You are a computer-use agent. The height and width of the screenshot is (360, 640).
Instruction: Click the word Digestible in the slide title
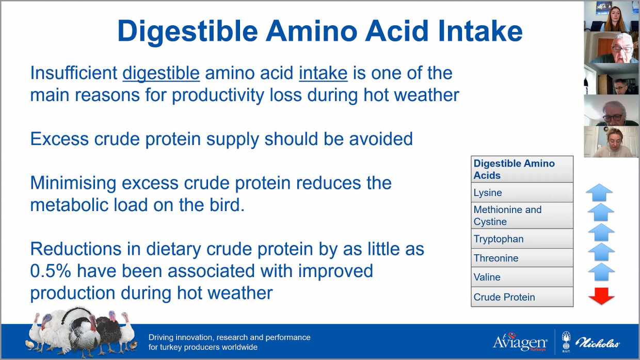point(188,32)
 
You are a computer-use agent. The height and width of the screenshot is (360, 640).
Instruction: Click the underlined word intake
point(323,73)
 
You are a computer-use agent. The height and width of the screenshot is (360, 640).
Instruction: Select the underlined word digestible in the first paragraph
point(161,74)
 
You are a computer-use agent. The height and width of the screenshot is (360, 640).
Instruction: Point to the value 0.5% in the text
point(51,271)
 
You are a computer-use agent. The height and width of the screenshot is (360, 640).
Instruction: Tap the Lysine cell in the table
point(522,192)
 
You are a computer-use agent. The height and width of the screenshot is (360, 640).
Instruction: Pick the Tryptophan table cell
point(522,239)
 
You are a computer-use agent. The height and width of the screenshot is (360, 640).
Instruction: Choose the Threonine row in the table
point(522,258)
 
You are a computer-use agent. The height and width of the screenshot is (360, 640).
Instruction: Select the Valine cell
point(522,277)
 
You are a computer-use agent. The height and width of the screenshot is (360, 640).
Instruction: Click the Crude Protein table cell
point(522,297)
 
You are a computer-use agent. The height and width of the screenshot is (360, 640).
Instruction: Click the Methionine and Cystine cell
point(522,216)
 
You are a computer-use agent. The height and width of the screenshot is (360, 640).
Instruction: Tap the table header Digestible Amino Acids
point(522,169)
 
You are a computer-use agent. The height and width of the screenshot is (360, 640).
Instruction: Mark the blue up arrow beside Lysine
point(599,193)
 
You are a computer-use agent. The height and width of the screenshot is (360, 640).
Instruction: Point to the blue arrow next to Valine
point(601,272)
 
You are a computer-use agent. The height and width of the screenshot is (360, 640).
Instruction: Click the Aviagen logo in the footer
point(520,342)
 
